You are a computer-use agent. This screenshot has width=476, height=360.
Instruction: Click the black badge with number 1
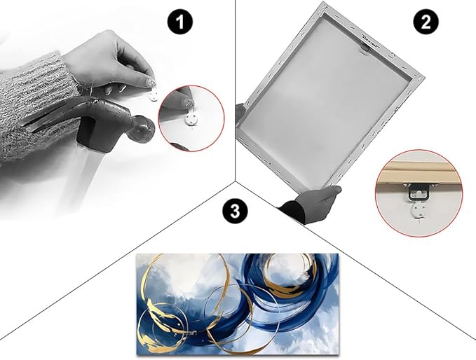tap(180, 22)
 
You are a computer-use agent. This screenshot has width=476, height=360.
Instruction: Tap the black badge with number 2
tap(426, 22)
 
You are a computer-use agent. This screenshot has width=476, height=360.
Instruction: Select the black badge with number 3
tap(235, 211)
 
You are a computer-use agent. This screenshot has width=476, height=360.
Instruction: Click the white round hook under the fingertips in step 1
tap(154, 96)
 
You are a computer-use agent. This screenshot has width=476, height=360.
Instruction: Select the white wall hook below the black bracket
tap(419, 211)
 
